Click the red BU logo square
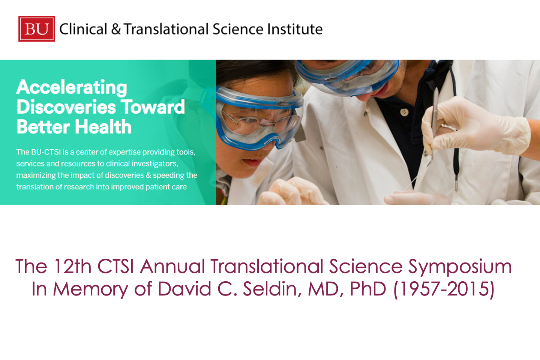coord(37,29)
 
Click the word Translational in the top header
coord(166,29)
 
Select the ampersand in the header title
coord(116,29)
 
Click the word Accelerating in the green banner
coord(72,88)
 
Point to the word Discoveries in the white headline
coord(66,107)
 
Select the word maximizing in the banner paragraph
coord(36,175)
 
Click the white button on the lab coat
coord(404,112)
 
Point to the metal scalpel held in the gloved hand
coord(433,125)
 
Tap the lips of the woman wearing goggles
coord(251,162)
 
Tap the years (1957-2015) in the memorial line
coord(444,289)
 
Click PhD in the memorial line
coord(368,289)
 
